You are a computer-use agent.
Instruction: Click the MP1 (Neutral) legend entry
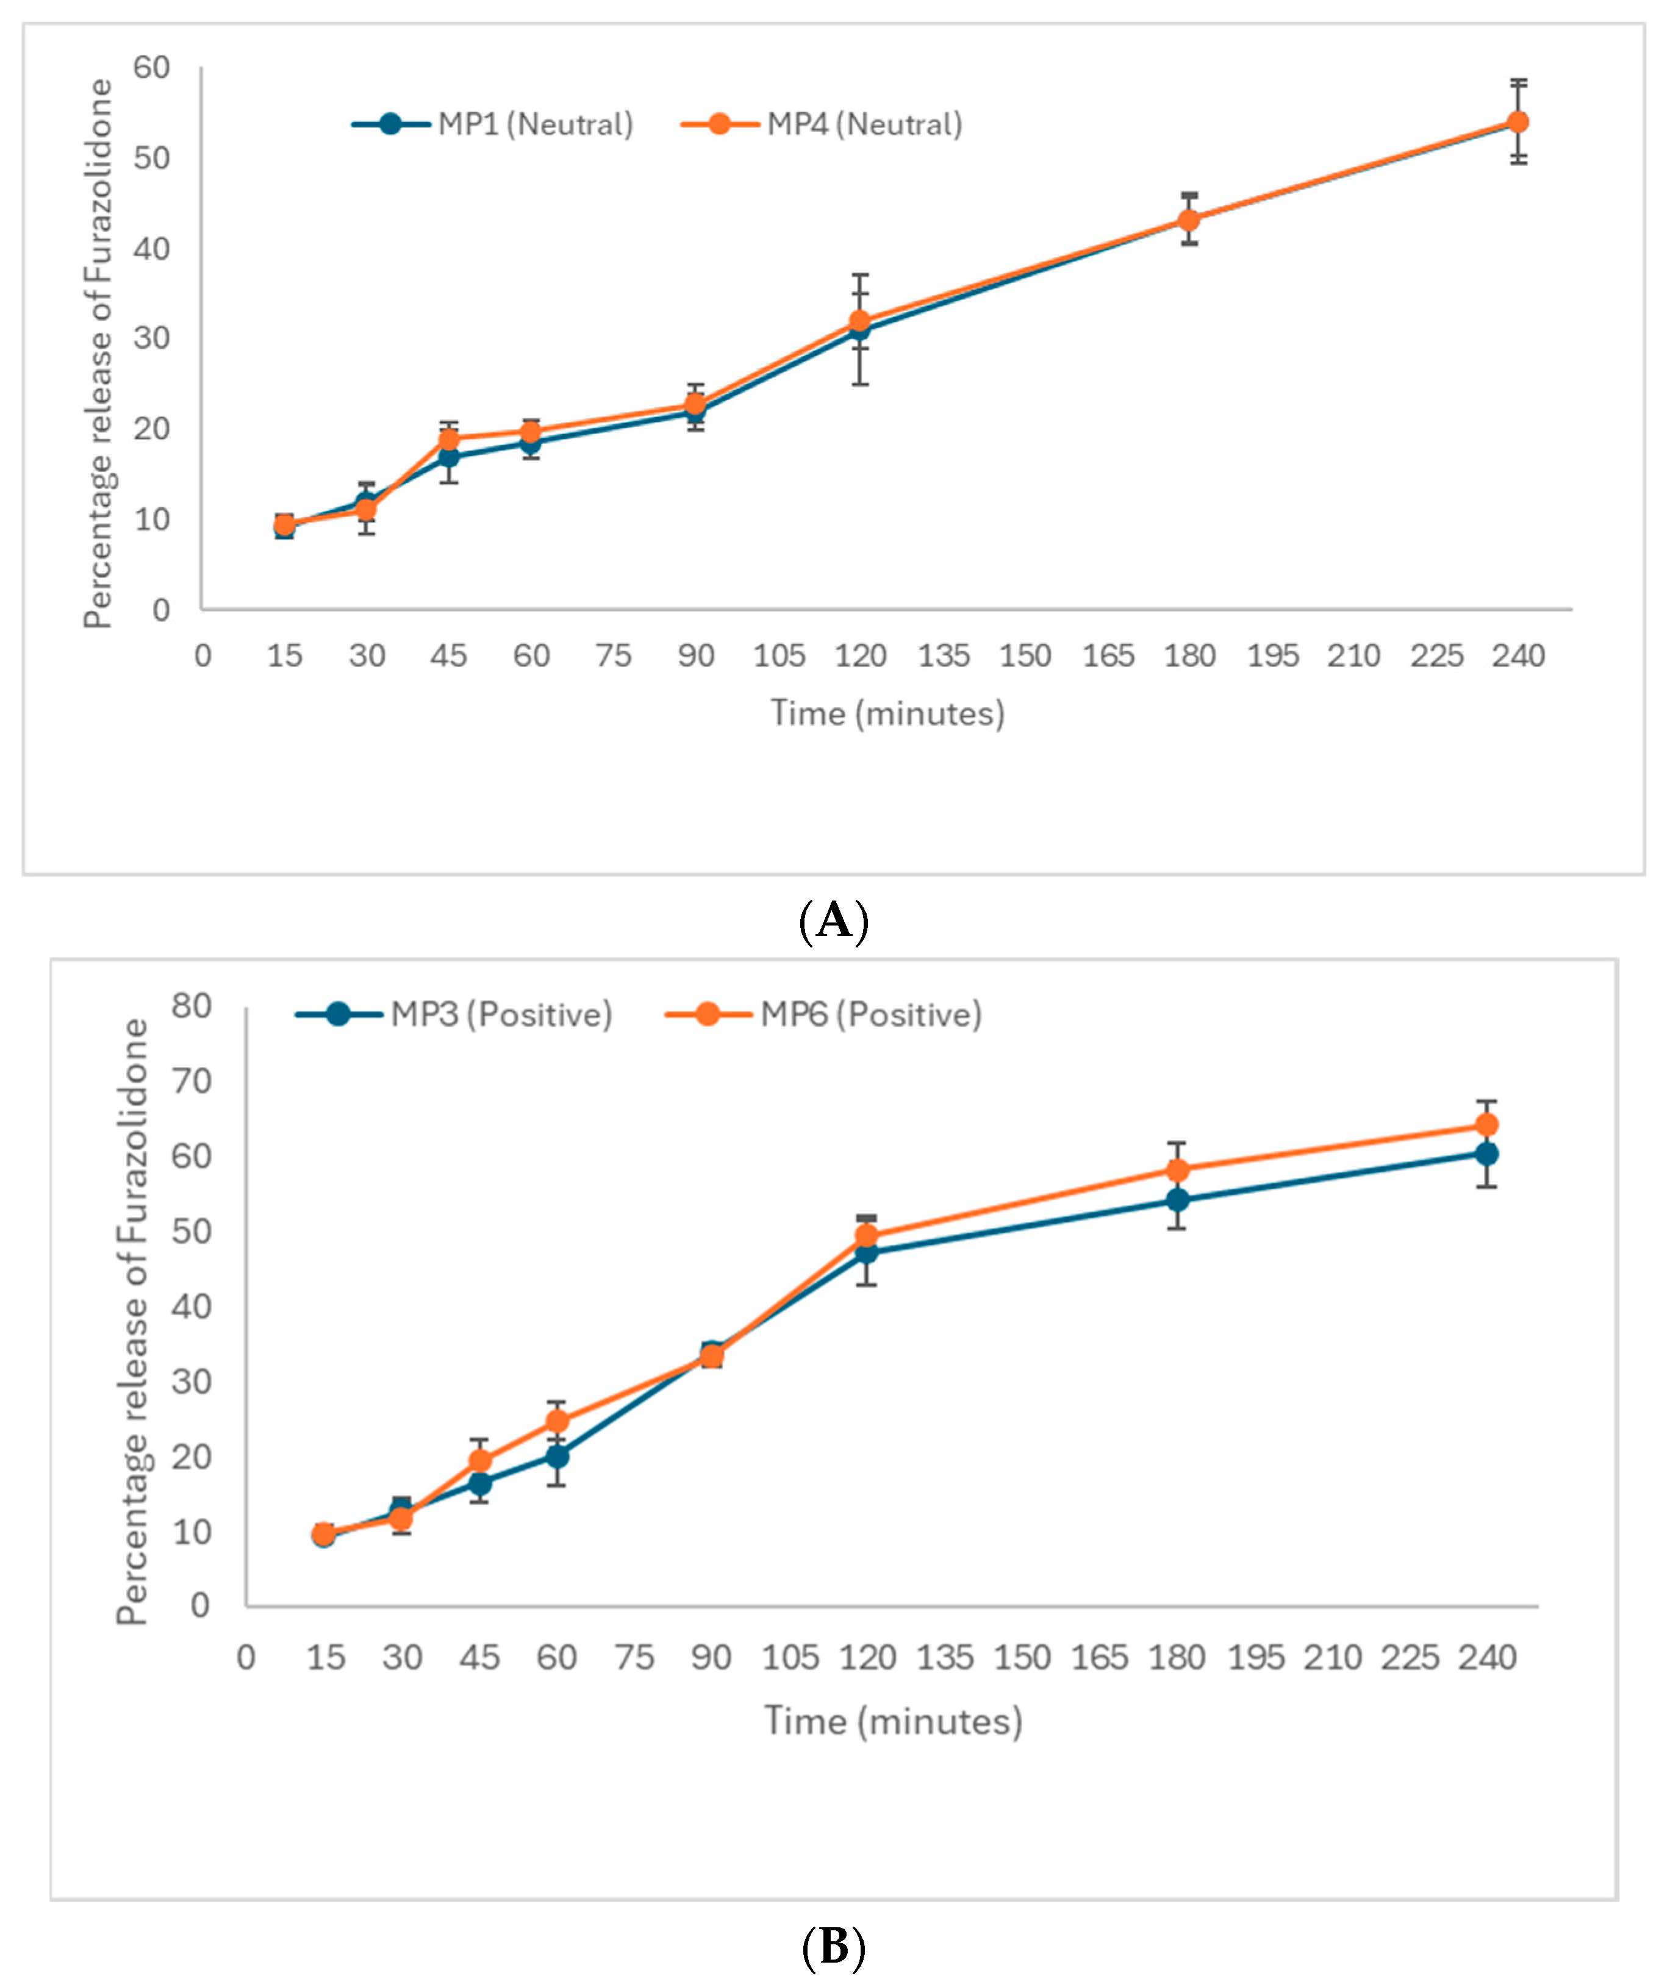492,124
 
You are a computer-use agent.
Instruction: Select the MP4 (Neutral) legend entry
822,124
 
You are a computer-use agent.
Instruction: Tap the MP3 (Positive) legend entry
454,1015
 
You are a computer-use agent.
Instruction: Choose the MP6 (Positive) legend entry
823,1015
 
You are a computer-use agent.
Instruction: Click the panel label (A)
833,919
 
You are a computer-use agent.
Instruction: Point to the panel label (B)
833,1947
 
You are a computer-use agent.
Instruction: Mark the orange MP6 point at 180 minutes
1177,1171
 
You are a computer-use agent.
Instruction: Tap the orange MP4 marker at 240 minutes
1517,122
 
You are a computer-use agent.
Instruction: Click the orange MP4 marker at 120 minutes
859,321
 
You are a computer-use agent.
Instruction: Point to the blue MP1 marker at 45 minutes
448,457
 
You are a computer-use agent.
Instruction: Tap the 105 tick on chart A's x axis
778,655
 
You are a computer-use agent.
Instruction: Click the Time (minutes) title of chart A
887,713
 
